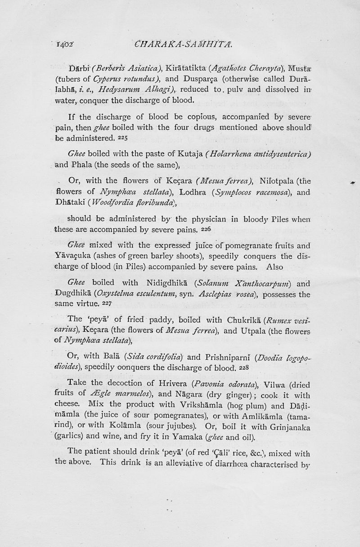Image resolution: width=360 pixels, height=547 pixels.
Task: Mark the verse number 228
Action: click(241, 367)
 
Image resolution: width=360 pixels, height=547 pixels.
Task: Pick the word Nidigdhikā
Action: click(167, 284)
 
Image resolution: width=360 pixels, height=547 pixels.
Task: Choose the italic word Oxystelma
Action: click(120, 294)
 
